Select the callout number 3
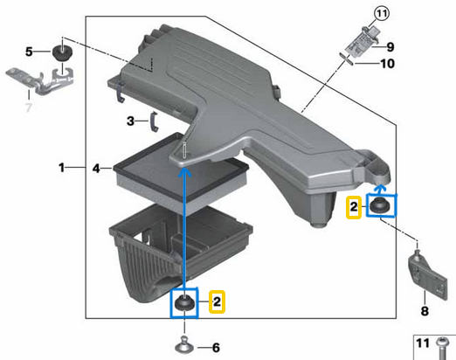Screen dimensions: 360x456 point(129,120)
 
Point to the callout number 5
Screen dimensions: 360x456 point(29,52)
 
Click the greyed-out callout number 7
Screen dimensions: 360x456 point(27,107)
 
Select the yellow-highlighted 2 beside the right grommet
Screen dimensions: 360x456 point(354,207)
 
